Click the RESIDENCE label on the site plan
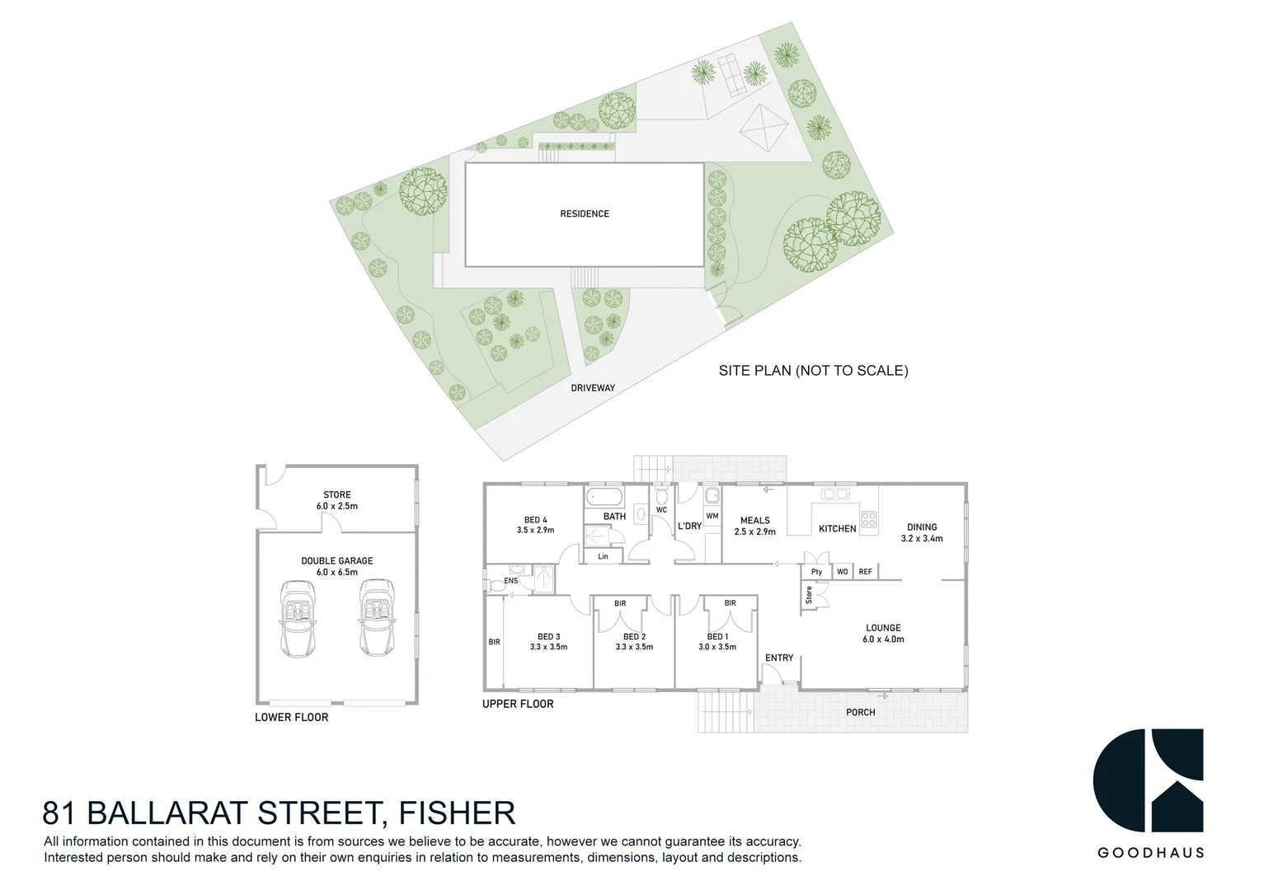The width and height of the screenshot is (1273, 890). click(585, 214)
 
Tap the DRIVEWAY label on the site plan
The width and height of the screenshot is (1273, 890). click(593, 387)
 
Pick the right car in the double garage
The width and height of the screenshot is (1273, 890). click(376, 618)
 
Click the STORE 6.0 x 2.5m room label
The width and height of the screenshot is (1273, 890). click(337, 501)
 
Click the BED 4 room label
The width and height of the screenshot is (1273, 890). click(536, 525)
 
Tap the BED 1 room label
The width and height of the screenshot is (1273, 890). click(717, 641)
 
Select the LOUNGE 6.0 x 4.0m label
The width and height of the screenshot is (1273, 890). click(883, 633)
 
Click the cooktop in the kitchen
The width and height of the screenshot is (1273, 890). click(868, 519)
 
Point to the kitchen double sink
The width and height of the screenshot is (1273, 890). click(835, 494)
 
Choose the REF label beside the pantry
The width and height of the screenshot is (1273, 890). click(865, 572)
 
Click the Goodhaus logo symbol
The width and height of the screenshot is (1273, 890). click(1148, 780)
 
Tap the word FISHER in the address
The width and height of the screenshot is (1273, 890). click(458, 813)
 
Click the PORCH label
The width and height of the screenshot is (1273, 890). click(861, 712)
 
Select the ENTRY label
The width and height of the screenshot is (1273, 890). click(779, 658)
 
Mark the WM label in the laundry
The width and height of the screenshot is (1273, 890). click(712, 516)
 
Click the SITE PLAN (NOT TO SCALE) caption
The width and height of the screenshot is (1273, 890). click(813, 371)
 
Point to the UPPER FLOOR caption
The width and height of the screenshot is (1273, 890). click(518, 704)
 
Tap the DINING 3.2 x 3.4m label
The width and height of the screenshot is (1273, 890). click(922, 532)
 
